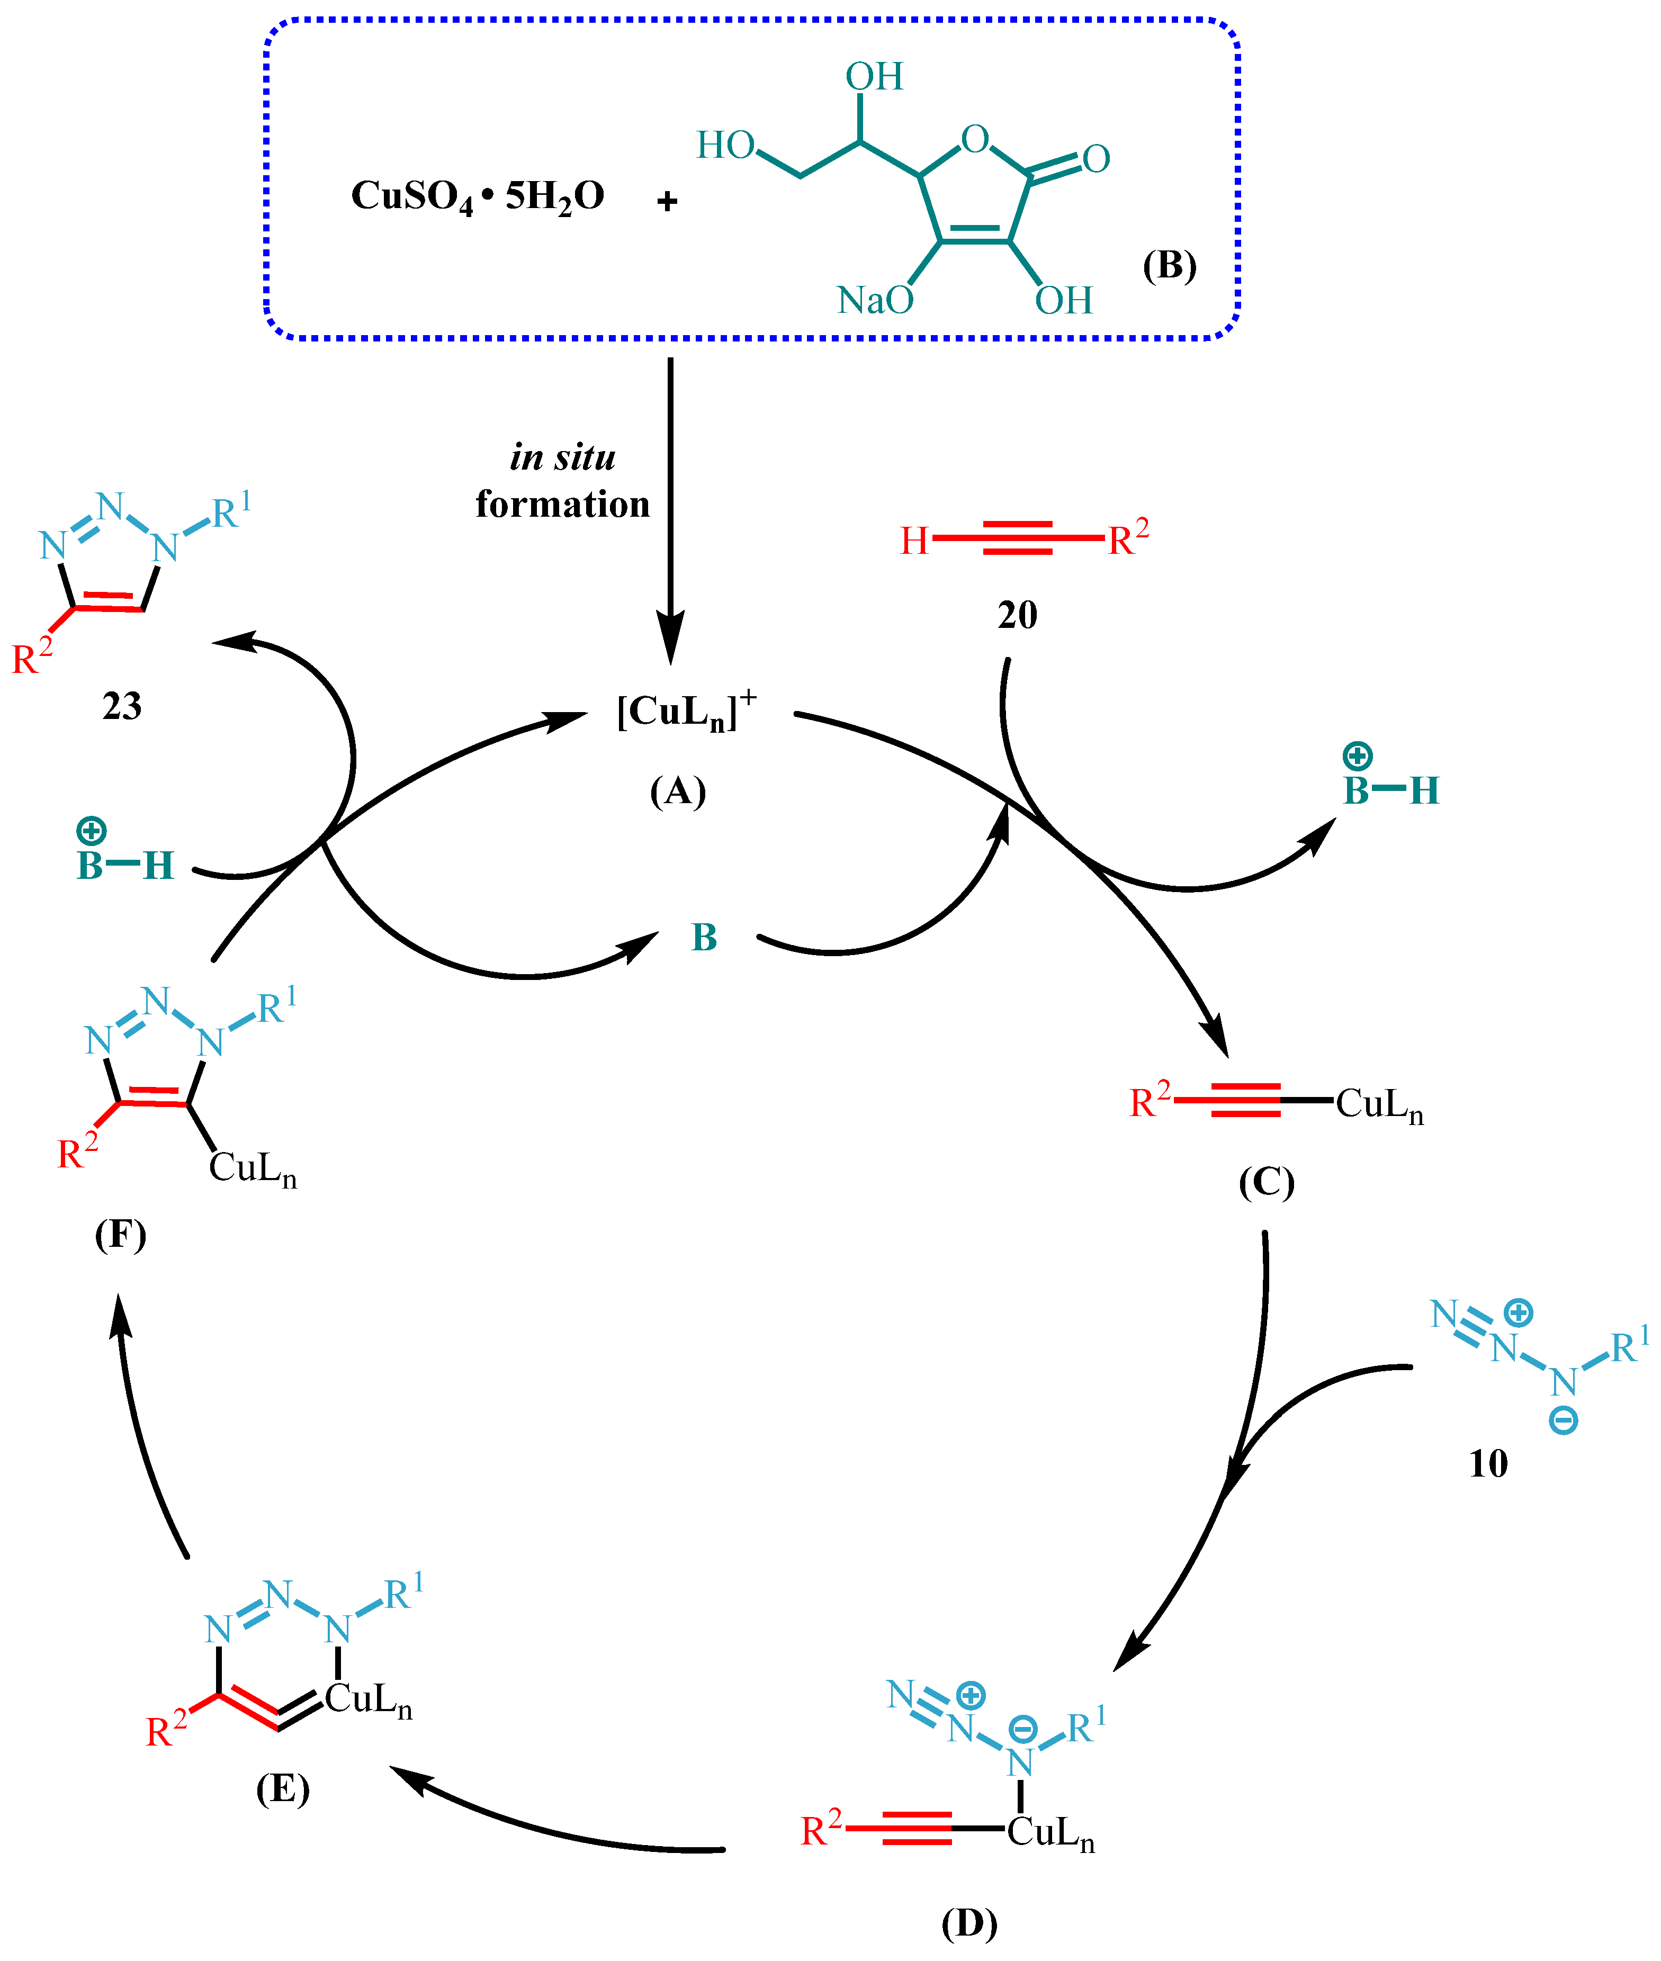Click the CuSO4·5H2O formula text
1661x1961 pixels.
[478, 197]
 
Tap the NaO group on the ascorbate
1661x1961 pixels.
[875, 300]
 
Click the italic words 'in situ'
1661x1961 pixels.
[562, 457]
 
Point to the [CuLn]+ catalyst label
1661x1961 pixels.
[686, 712]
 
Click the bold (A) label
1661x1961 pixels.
[678, 791]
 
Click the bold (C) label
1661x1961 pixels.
[1267, 1182]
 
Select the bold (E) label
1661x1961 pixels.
[283, 1788]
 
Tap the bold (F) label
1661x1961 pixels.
[121, 1234]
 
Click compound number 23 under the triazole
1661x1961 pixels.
[121, 706]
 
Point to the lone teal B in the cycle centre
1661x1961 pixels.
[704, 938]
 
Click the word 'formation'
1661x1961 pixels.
[562, 505]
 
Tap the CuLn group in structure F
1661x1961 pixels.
[253, 1168]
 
